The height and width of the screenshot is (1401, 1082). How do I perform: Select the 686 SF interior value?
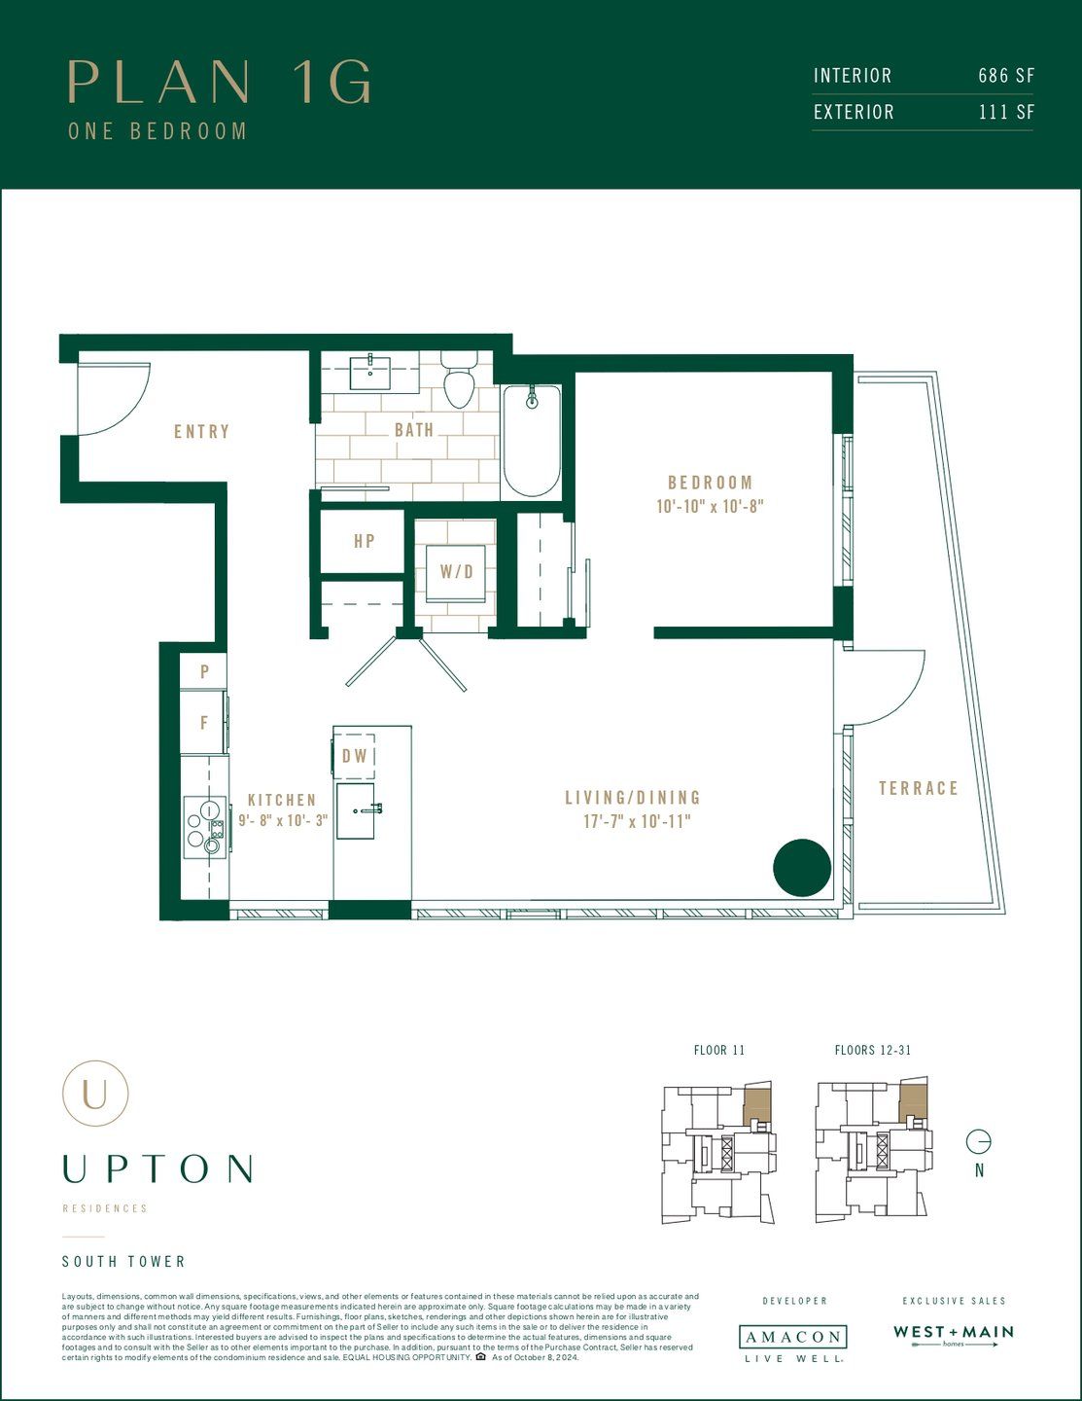[x=1006, y=76]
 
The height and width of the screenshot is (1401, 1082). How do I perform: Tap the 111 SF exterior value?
[x=1006, y=112]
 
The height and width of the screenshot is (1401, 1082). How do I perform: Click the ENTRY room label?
[x=202, y=431]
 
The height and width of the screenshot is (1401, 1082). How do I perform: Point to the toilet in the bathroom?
[x=459, y=380]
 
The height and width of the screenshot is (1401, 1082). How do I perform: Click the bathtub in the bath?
[x=532, y=441]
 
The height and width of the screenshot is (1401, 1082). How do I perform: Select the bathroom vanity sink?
[x=370, y=373]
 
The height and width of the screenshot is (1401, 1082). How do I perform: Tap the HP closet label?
[x=365, y=541]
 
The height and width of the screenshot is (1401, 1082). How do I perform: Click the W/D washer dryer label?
[x=456, y=572]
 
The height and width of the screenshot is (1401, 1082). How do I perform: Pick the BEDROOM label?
[x=710, y=483]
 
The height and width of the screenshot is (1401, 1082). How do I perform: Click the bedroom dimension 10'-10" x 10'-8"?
[x=710, y=507]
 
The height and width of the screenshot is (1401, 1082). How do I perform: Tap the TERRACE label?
[x=919, y=788]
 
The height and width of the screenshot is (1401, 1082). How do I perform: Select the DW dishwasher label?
[x=355, y=756]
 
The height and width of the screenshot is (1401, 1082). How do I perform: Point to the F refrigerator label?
[x=204, y=723]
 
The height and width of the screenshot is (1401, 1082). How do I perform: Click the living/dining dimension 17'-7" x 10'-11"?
[x=637, y=821]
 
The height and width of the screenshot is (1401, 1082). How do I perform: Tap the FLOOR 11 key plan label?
[x=719, y=1051]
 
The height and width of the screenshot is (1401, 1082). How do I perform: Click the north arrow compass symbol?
[x=979, y=1141]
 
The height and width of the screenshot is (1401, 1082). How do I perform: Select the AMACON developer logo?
[x=792, y=1338]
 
